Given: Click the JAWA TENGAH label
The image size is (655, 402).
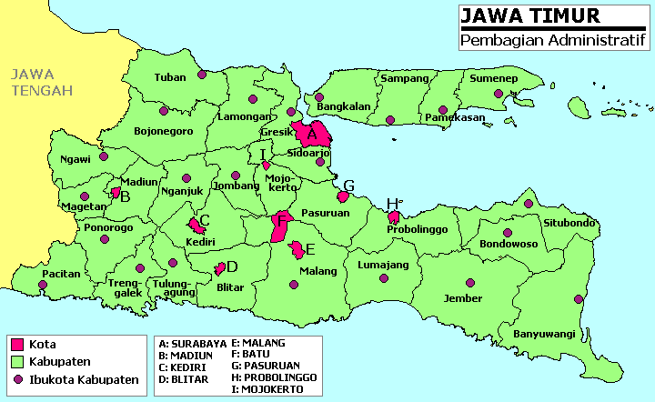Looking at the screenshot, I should pyautogui.click(x=30, y=82).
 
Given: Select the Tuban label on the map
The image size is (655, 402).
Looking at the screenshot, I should pyautogui.click(x=170, y=77).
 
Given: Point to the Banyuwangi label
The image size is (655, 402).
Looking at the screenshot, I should pyautogui.click(x=544, y=334).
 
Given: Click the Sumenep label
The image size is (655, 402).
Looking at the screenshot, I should pyautogui.click(x=493, y=79).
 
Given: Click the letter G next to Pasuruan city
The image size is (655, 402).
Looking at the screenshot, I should pyautogui.click(x=348, y=186).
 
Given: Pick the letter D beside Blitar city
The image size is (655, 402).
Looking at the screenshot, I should pyautogui.click(x=232, y=266).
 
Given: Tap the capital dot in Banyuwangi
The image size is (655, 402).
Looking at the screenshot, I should pyautogui.click(x=577, y=299).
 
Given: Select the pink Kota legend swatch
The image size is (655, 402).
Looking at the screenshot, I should pyautogui.click(x=17, y=345).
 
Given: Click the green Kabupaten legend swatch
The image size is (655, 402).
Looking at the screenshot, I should pyautogui.click(x=17, y=361).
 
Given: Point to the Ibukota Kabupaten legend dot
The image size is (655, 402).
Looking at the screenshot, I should pyautogui.click(x=17, y=377).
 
